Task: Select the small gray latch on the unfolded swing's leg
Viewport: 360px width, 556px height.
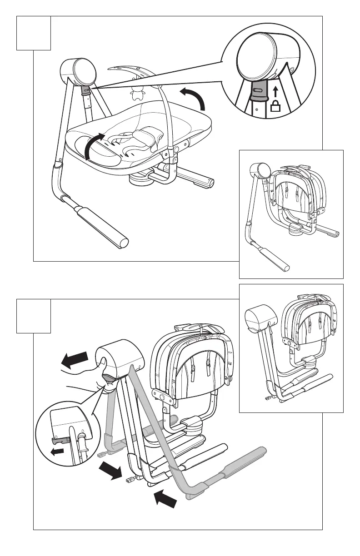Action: (x=85, y=90)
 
